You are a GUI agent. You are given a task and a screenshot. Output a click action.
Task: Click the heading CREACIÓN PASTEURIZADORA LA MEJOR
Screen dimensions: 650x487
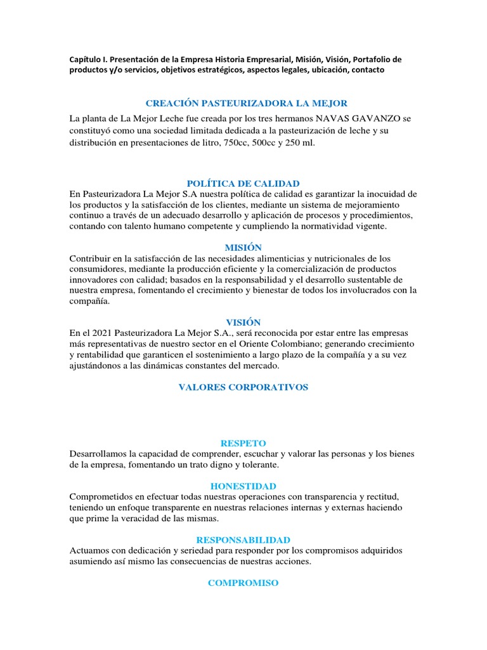pos(247,103)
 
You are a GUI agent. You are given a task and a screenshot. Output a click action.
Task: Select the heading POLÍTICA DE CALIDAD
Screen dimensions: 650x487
pos(243,183)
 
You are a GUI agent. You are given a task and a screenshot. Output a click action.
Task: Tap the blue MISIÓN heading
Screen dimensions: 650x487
pos(243,248)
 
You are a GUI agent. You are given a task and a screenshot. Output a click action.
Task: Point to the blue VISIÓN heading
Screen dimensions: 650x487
pos(243,322)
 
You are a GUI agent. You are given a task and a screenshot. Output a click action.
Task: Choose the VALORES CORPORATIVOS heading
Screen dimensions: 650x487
pos(243,387)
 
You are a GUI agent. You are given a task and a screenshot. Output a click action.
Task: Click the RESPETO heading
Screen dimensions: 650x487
pos(243,443)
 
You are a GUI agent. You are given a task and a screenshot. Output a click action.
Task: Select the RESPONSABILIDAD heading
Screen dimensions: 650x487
pos(243,540)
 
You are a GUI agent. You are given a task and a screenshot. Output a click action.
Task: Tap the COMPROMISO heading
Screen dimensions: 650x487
pos(243,583)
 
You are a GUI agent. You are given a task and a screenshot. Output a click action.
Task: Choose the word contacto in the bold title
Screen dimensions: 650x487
pos(365,70)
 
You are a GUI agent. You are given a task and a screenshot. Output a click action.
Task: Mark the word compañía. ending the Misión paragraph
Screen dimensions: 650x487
pos(90,302)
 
